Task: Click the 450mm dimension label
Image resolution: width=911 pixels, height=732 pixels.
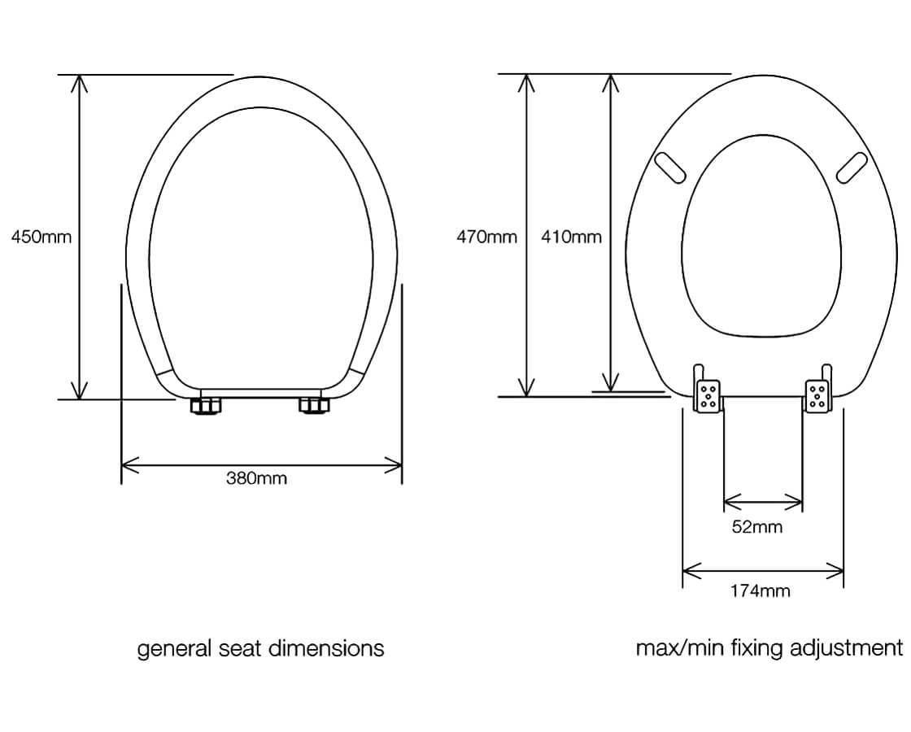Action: pos(41,237)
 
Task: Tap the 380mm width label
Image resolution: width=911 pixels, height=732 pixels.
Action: pos(256,478)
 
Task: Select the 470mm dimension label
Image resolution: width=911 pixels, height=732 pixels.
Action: pos(486,237)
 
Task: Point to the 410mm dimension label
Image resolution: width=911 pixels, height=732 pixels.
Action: pos(571,237)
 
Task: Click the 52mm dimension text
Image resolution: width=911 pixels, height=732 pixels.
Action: pos(756,527)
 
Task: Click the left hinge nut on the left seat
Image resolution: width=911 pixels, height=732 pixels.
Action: pos(207,406)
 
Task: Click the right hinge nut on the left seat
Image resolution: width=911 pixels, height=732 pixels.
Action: pos(313,405)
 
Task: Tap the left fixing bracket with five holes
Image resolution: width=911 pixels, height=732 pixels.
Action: pos(708,396)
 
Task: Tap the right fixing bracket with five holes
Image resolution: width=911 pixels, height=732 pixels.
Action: pos(817,396)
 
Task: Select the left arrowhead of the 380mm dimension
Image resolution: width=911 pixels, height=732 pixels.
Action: pos(127,466)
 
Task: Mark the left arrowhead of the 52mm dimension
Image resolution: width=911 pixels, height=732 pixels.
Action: pos(729,500)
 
